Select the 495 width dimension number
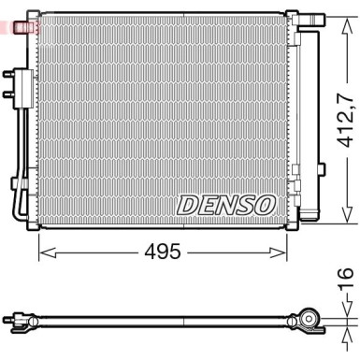pos(164,253)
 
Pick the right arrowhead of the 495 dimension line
pos(281,253)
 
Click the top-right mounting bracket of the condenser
pos(292,18)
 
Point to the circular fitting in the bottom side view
pos(307,324)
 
